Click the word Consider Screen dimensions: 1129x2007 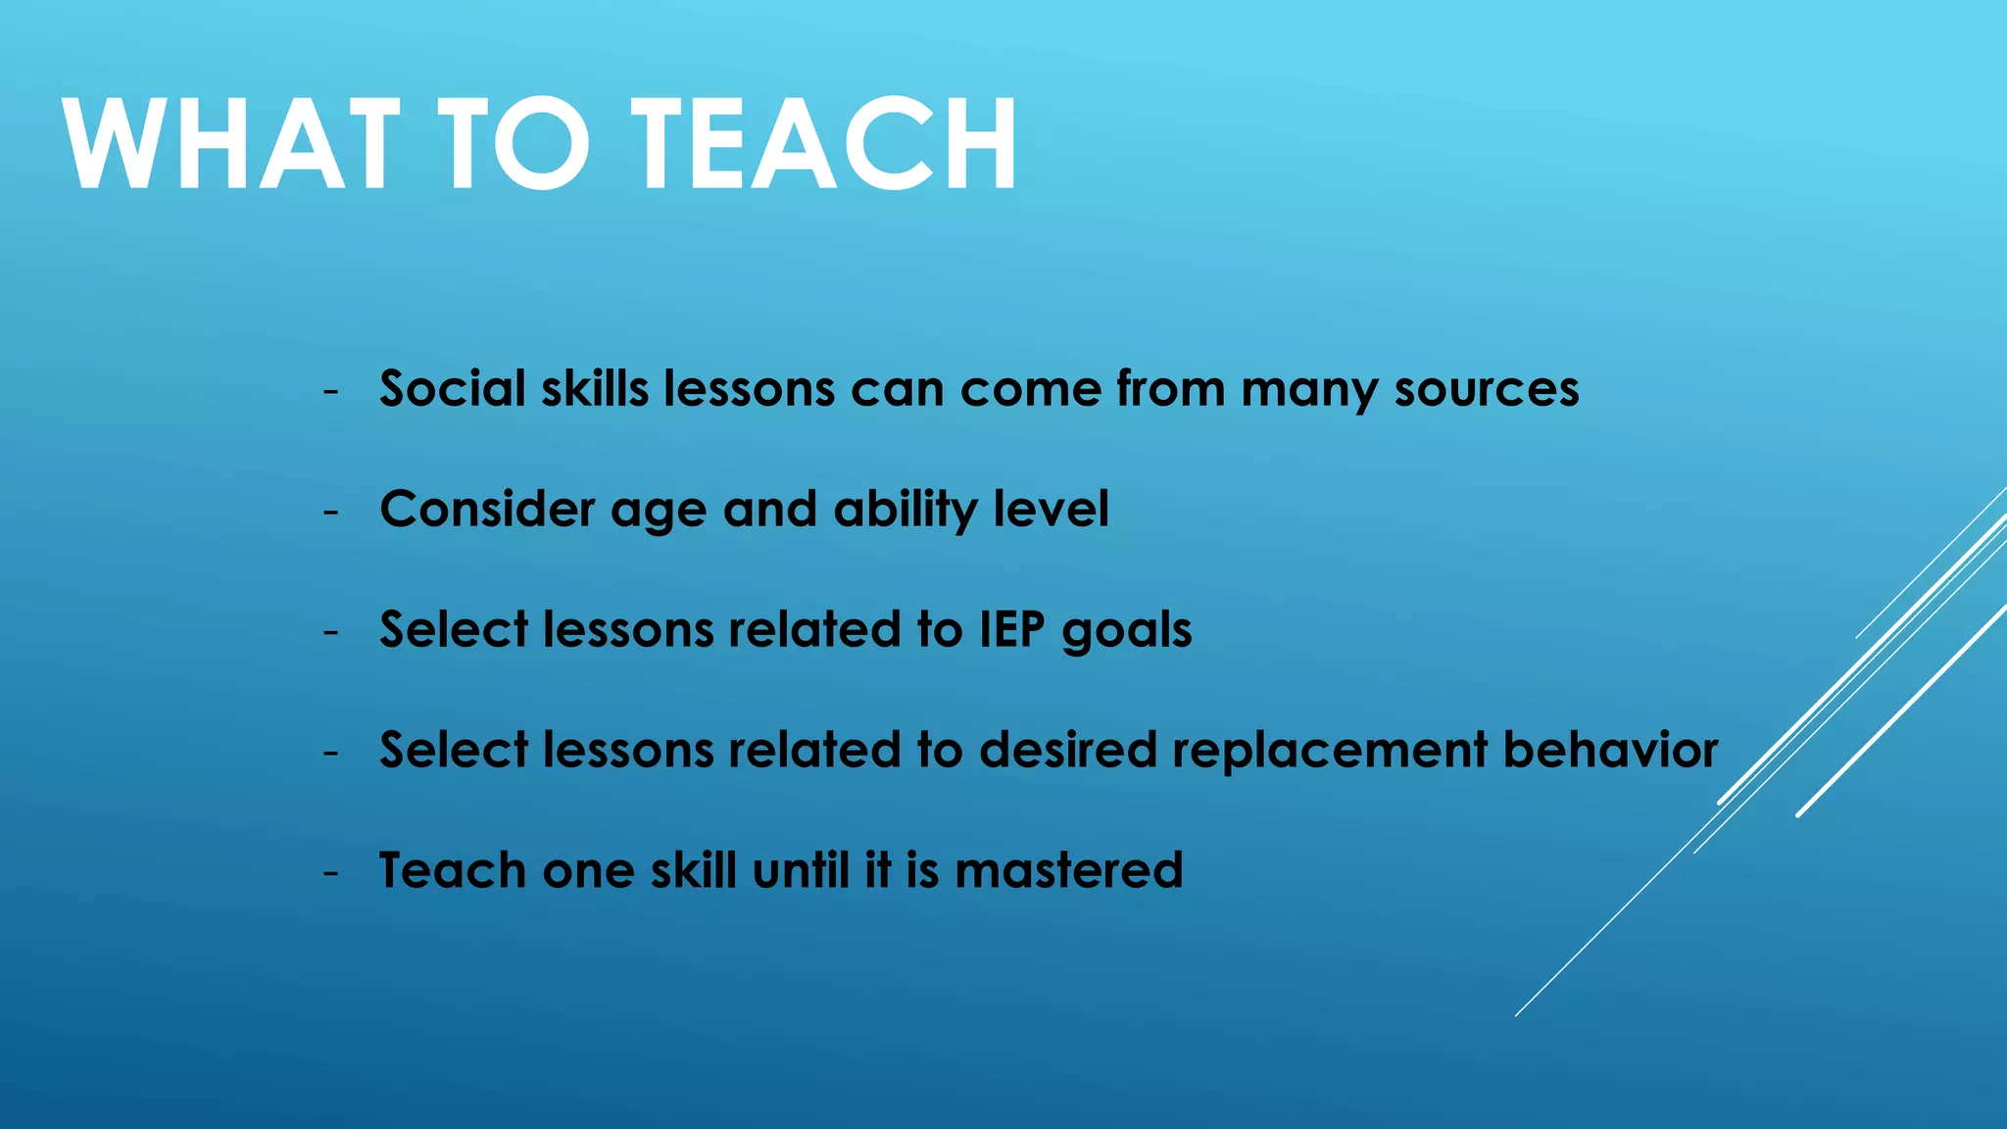[487, 510]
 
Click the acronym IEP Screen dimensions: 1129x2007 [1012, 629]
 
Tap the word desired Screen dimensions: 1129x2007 [1068, 750]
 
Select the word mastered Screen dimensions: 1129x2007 [1069, 870]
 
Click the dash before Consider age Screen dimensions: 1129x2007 [331, 513]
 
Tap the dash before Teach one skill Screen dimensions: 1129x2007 [331, 873]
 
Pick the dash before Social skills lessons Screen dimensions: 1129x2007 [331, 392]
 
